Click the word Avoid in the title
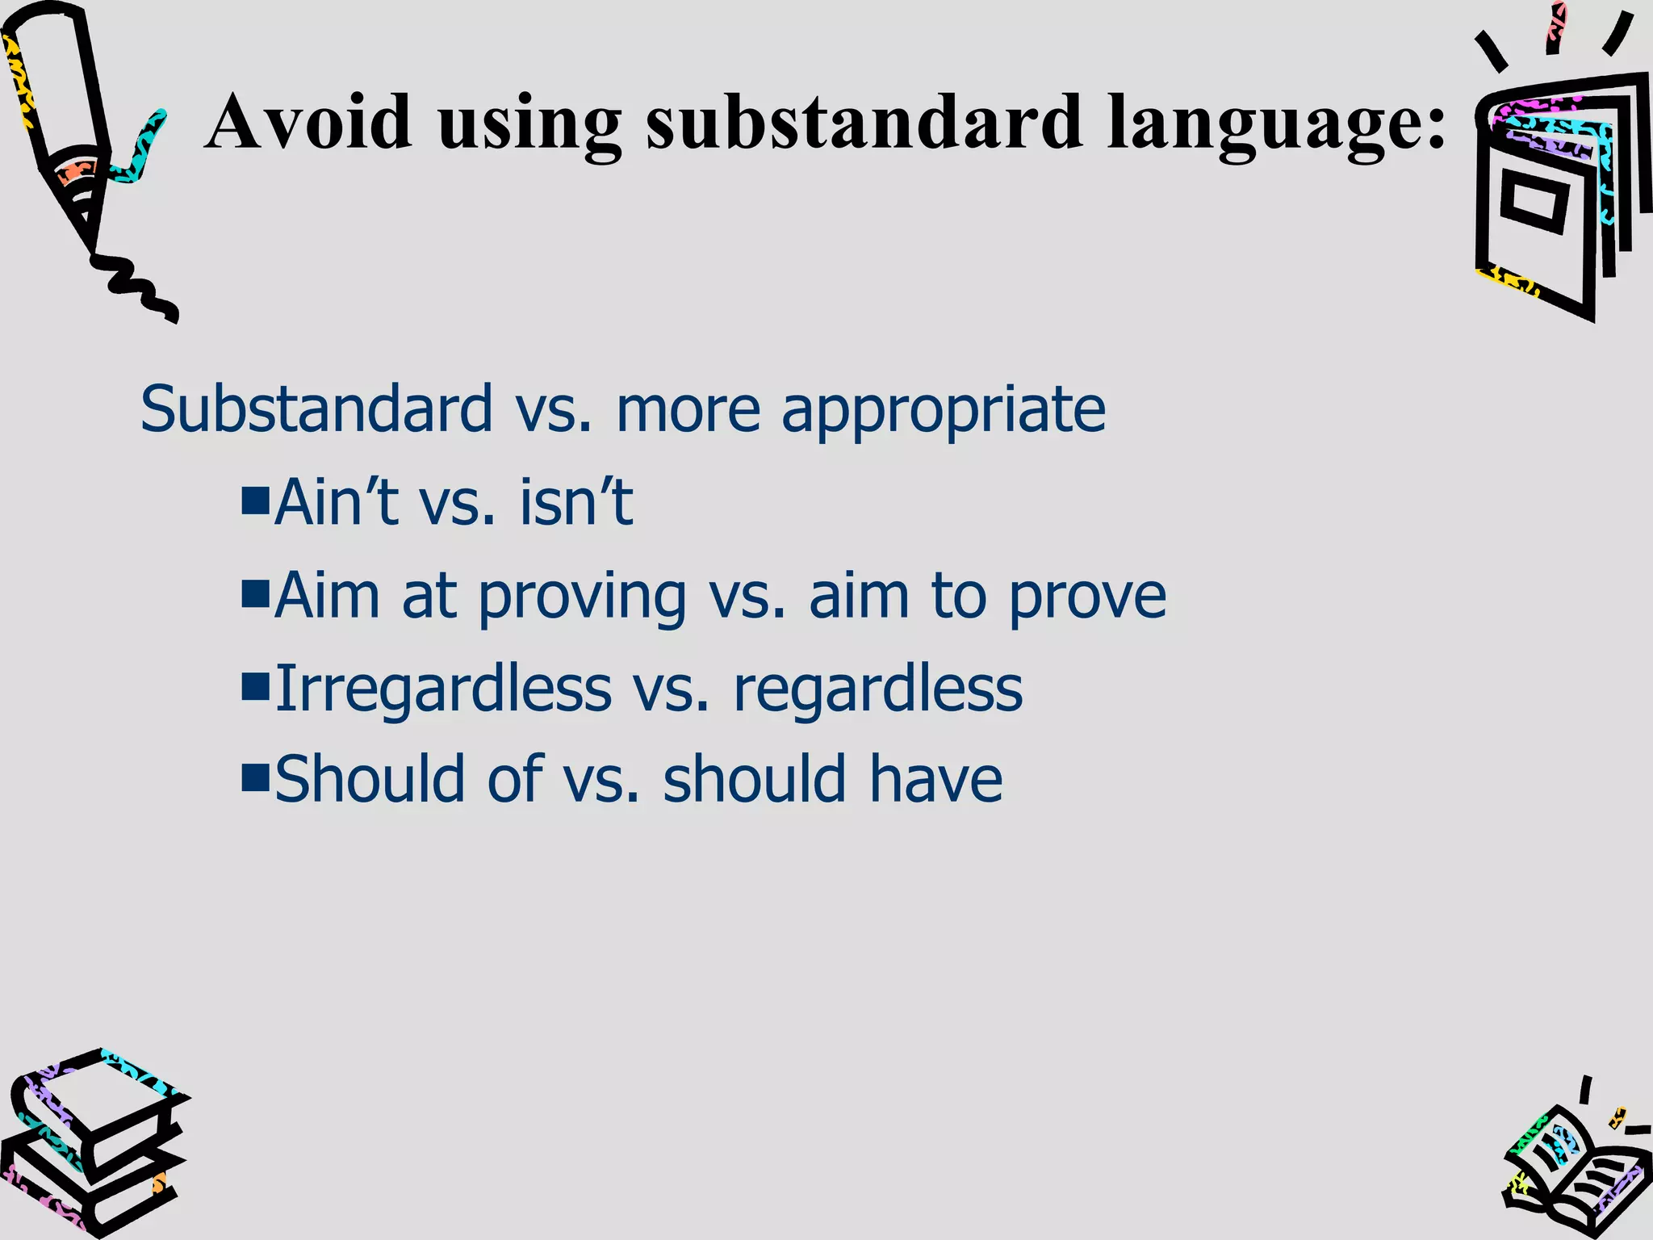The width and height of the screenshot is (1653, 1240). click(x=308, y=123)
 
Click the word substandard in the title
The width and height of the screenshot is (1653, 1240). click(x=864, y=123)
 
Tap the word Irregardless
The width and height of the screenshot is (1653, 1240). click(x=443, y=689)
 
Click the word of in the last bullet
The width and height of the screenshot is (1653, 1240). click(x=515, y=779)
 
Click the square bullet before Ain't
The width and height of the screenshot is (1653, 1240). click(x=254, y=501)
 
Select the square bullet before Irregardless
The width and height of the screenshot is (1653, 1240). click(x=254, y=686)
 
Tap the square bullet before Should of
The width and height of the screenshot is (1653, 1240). click(x=254, y=777)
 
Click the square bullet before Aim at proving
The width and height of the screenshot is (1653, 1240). click(x=254, y=593)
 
